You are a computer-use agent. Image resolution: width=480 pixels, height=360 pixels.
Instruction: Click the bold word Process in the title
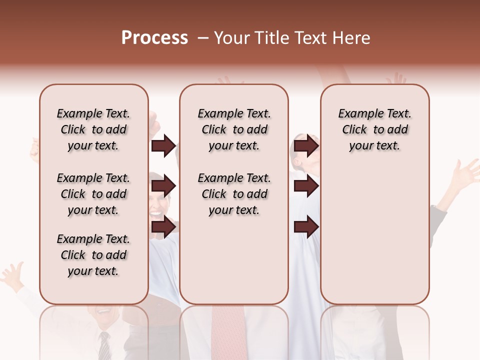click(154, 38)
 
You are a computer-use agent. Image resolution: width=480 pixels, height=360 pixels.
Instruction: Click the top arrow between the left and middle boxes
click(163, 146)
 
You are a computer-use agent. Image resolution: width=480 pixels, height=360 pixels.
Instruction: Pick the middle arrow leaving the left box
click(163, 186)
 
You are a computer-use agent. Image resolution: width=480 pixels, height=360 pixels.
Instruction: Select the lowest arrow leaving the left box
click(163, 227)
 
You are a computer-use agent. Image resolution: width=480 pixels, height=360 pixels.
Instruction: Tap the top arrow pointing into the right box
click(306, 146)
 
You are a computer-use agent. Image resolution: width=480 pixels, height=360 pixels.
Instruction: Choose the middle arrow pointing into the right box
click(306, 186)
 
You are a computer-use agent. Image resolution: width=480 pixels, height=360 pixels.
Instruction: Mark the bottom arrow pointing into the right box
click(306, 227)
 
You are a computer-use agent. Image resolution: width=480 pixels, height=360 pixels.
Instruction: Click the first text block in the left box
click(93, 129)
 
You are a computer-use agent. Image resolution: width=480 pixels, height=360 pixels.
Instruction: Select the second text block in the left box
click(93, 194)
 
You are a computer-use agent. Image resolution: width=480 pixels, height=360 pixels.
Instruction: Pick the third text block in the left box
click(93, 255)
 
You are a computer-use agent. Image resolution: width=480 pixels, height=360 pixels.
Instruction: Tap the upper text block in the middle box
click(234, 129)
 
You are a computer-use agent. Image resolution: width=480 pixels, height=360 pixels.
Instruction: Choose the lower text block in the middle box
click(234, 194)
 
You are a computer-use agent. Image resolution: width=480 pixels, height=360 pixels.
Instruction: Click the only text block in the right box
click(374, 129)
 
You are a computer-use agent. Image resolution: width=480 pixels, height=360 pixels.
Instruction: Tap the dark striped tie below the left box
click(104, 346)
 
